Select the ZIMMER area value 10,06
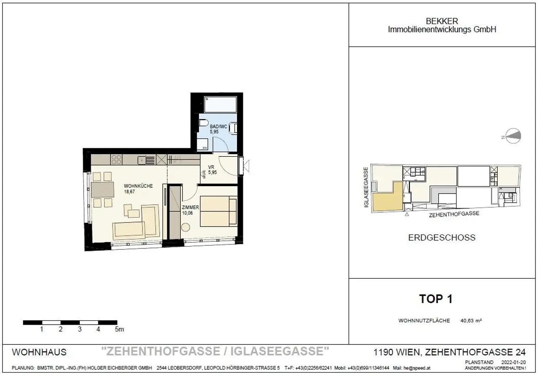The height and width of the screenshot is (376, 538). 188,213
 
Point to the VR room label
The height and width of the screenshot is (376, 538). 211,167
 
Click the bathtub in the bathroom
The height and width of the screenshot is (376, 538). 220,104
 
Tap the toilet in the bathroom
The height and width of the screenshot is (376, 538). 203,123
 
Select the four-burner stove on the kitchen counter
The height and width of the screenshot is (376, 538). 116,160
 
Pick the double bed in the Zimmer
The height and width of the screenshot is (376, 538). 218,212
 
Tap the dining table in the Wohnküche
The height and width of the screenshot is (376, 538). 102,189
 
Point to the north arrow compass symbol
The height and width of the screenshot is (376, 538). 513,136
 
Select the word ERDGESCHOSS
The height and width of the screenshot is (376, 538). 442,237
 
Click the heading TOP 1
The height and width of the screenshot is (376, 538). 436,299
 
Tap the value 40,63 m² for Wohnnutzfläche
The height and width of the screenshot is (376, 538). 471,320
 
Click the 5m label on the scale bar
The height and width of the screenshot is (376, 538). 119,329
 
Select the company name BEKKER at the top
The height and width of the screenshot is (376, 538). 442,21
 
